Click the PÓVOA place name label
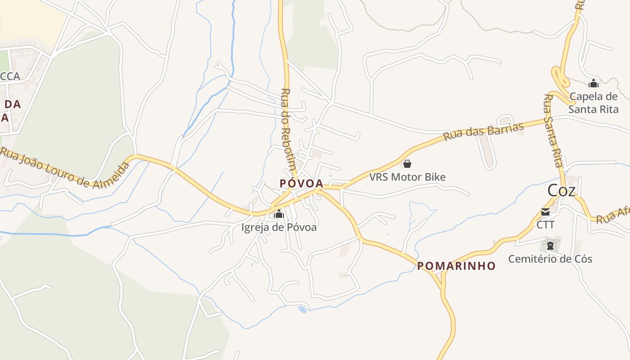(301, 183)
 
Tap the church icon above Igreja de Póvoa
(279, 214)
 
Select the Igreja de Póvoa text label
(279, 227)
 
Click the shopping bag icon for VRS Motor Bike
(407, 164)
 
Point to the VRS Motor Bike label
(407, 177)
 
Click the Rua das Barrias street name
(484, 131)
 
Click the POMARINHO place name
(456, 266)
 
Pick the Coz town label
(561, 190)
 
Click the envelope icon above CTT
(545, 212)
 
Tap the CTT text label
(545, 224)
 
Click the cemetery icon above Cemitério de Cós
(550, 246)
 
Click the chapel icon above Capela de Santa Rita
(594, 83)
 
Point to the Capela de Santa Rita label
(594, 103)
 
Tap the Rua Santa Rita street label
(554, 130)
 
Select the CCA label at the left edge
(10, 76)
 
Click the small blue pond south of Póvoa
(302, 309)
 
